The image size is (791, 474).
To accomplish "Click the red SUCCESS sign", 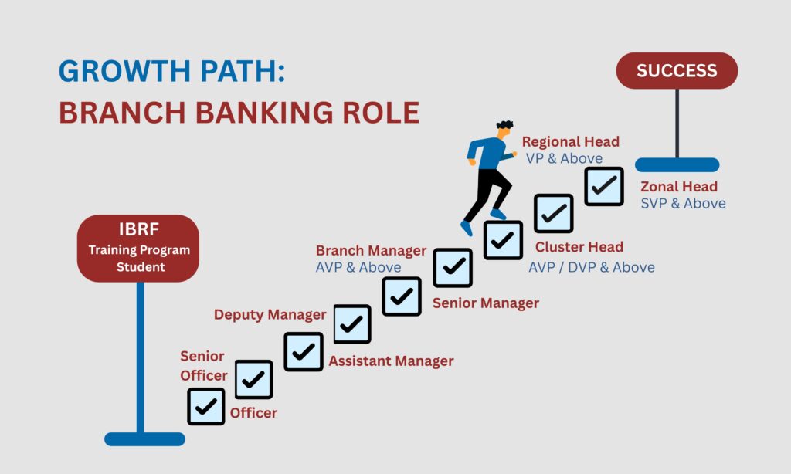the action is click(x=677, y=70).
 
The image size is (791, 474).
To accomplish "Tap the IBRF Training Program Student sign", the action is click(x=138, y=248).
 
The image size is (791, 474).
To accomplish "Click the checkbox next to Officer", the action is click(x=205, y=406).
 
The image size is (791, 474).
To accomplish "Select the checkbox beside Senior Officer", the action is click(x=253, y=379).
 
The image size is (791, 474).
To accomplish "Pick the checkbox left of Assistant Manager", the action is click(x=303, y=351).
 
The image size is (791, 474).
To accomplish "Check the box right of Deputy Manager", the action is click(x=352, y=323).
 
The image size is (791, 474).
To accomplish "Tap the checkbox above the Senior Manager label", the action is click(x=453, y=268).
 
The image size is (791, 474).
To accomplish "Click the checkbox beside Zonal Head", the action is click(x=604, y=186).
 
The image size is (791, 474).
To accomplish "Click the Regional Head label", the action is click(x=571, y=142).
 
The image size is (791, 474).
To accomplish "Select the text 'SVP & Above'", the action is click(x=683, y=203).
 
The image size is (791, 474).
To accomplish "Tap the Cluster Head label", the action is click(x=579, y=247).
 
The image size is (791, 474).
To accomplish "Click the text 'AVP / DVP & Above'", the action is click(x=592, y=267).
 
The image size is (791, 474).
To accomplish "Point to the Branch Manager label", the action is click(x=372, y=251).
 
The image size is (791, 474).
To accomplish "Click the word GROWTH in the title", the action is click(x=125, y=70).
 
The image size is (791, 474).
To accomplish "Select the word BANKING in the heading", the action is click(x=264, y=112).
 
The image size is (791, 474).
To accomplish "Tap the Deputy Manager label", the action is click(x=270, y=315).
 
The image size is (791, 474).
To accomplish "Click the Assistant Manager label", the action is click(x=391, y=361).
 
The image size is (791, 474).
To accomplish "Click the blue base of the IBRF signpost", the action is click(x=144, y=439).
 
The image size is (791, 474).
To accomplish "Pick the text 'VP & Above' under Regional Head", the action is click(x=564, y=158).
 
